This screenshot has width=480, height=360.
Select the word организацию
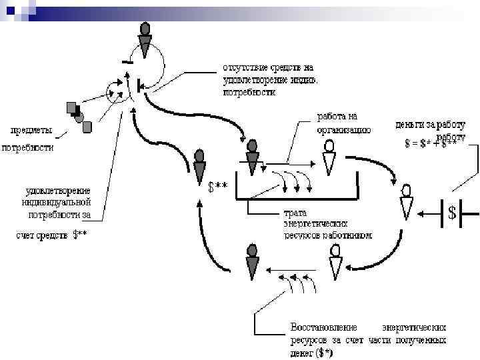pos(343,129)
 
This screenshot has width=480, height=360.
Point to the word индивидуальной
pos(57,202)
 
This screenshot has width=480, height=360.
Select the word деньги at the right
pos(411,125)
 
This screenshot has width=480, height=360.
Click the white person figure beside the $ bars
pos(407,203)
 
